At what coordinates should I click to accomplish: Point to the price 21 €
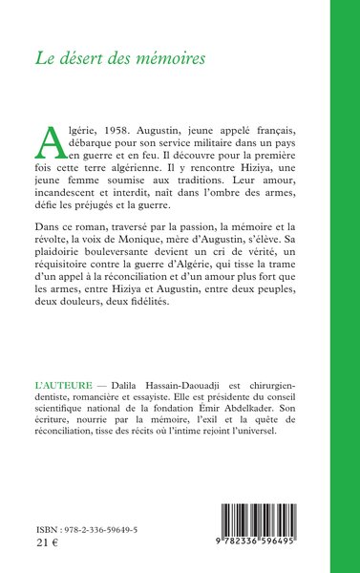tap(43, 549)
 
